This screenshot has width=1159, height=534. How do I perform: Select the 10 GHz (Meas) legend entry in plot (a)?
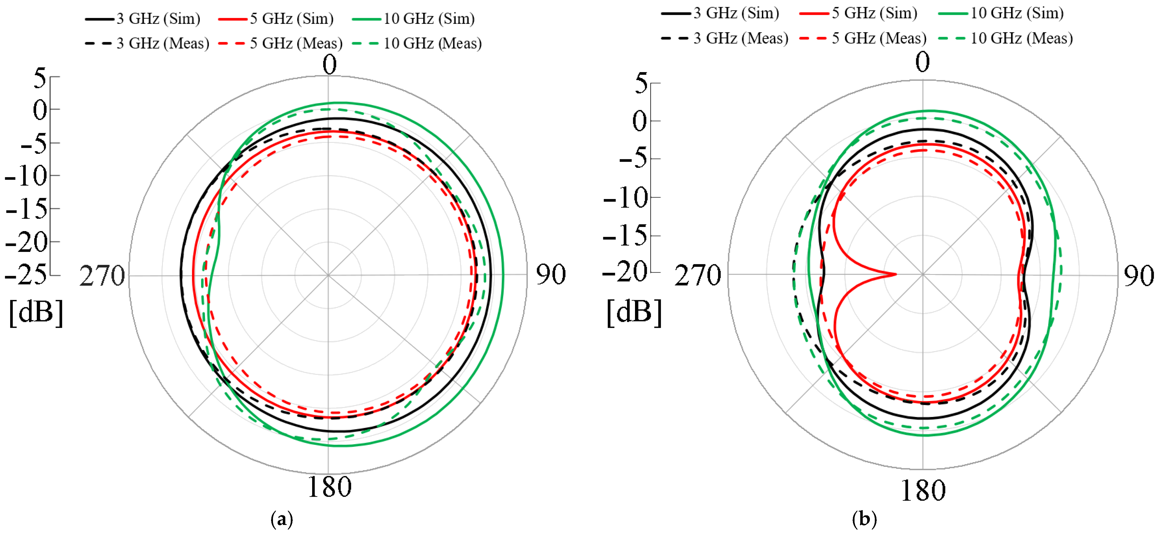tap(417, 44)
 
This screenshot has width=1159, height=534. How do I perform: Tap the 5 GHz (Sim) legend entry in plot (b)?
tap(858, 13)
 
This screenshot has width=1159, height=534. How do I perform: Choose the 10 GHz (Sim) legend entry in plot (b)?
tap(1001, 13)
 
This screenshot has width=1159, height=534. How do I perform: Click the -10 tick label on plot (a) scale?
tap(26, 176)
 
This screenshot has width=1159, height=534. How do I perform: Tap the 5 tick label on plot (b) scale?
tap(641, 83)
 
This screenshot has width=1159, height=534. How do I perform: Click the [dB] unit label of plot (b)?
tap(634, 312)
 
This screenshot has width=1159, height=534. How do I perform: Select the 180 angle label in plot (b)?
tap(923, 490)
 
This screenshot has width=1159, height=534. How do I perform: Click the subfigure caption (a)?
tap(282, 519)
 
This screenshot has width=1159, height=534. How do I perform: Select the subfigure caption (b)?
tap(864, 519)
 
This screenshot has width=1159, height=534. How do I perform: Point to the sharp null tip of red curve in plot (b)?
tap(895, 274)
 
